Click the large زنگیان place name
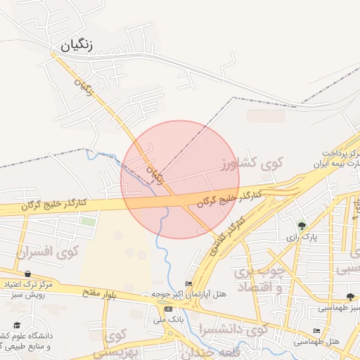pos(77,44)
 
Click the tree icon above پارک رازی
pos(302,226)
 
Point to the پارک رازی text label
pos(302,238)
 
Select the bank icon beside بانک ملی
pos(168,309)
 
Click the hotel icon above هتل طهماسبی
pos(316,330)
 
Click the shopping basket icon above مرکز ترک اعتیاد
pos(27,274)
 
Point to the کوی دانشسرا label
pos(234,328)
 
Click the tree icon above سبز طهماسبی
pos(351,297)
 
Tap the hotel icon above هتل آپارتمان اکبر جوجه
pos(188,283)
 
